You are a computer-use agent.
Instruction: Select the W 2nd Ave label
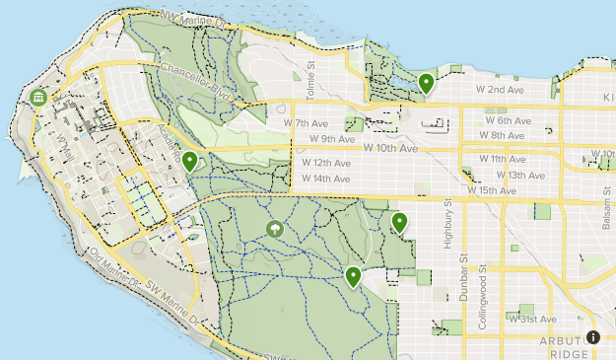point(502,90)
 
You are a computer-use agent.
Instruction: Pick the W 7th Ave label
point(307,123)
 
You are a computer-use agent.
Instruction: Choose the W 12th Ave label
point(325,163)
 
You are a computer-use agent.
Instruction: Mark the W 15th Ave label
point(492,190)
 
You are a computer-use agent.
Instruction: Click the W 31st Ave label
point(532,320)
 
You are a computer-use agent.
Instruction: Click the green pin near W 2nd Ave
point(426,83)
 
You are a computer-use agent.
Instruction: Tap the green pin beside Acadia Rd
point(189,162)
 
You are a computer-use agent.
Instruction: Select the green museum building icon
point(38,98)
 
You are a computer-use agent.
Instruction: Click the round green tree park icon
point(275,230)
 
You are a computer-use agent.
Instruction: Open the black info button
point(592,336)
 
